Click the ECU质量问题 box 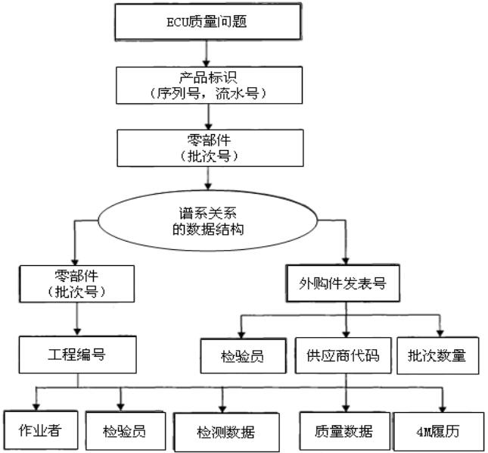[x=207, y=20]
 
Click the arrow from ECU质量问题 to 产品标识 [x=207, y=52]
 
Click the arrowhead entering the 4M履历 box [x=443, y=407]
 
